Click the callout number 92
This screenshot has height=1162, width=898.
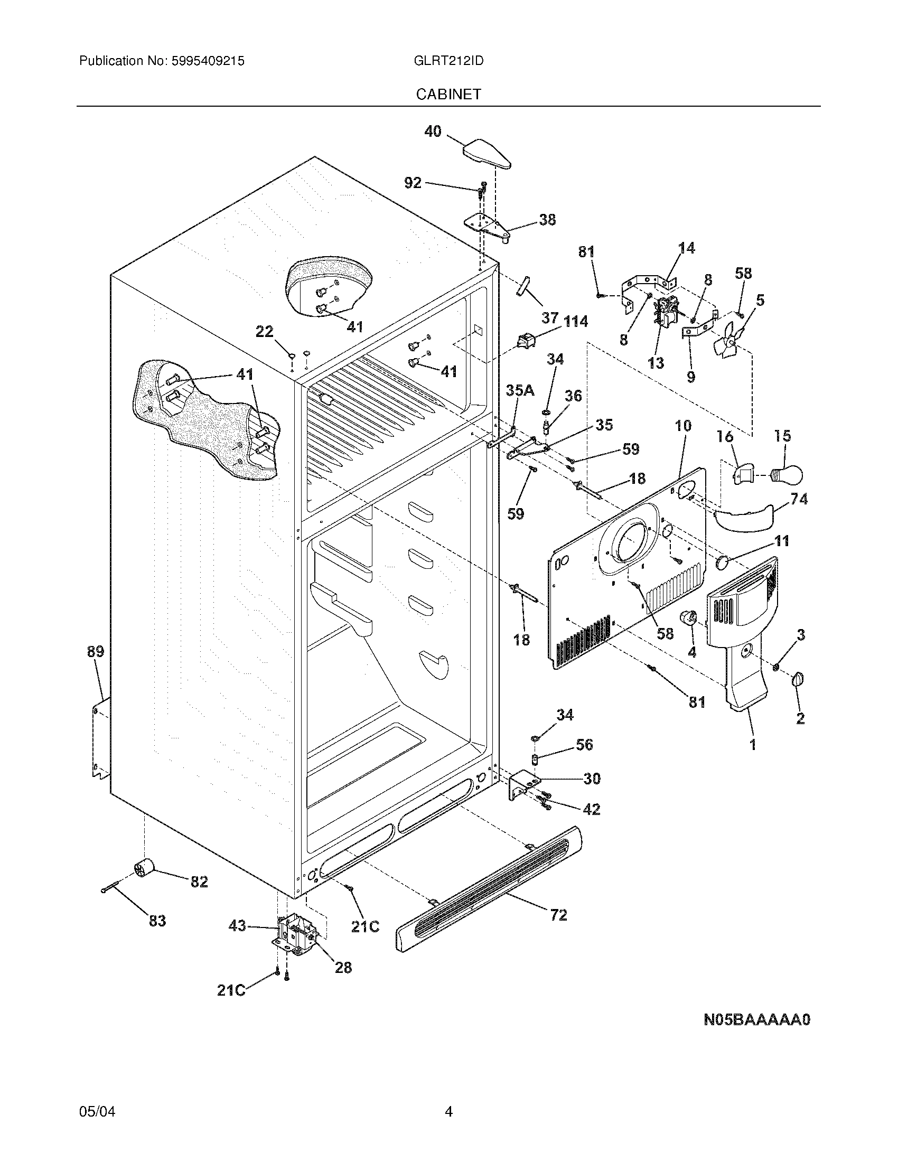pos(413,183)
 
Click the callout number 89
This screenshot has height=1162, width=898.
pos(96,652)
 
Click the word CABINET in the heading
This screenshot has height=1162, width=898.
pos(448,94)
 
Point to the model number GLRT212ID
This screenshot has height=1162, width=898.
pos(448,61)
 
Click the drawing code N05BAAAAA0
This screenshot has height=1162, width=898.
pos(756,1020)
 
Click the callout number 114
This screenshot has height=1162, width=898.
pos(576,321)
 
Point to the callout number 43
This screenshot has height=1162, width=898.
pos(237,926)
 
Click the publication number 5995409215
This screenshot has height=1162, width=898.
pos(208,61)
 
